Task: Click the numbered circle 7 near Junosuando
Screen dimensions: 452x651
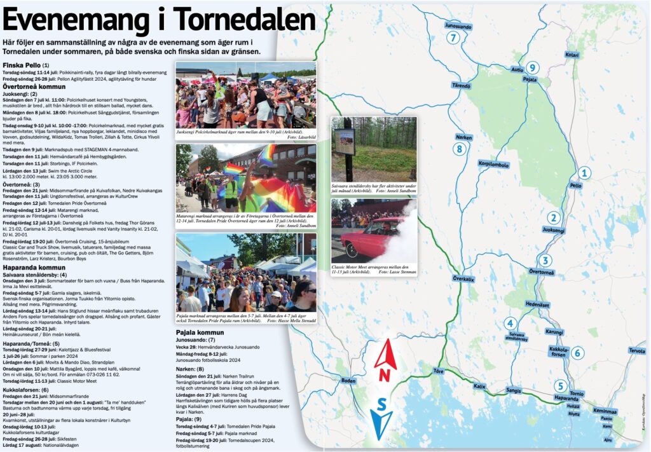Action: pyautogui.click(x=453, y=38)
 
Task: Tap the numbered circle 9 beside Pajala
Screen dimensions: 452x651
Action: pyautogui.click(x=533, y=67)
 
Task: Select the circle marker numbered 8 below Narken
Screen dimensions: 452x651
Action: pyautogui.click(x=460, y=149)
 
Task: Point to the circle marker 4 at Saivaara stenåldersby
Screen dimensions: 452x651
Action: pyautogui.click(x=510, y=323)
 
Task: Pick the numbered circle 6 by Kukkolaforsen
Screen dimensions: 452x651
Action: pyautogui.click(x=577, y=353)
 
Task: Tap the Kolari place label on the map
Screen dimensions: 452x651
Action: pyautogui.click(x=572, y=55)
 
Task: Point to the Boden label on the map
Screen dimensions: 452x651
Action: pyautogui.click(x=348, y=380)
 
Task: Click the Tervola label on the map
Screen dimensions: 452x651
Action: pyautogui.click(x=636, y=350)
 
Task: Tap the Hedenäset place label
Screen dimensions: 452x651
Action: pyautogui.click(x=537, y=305)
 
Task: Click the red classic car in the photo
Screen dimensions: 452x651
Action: pyautogui.click(x=368, y=239)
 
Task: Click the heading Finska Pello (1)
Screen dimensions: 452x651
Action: pyautogui.click(x=26, y=65)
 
